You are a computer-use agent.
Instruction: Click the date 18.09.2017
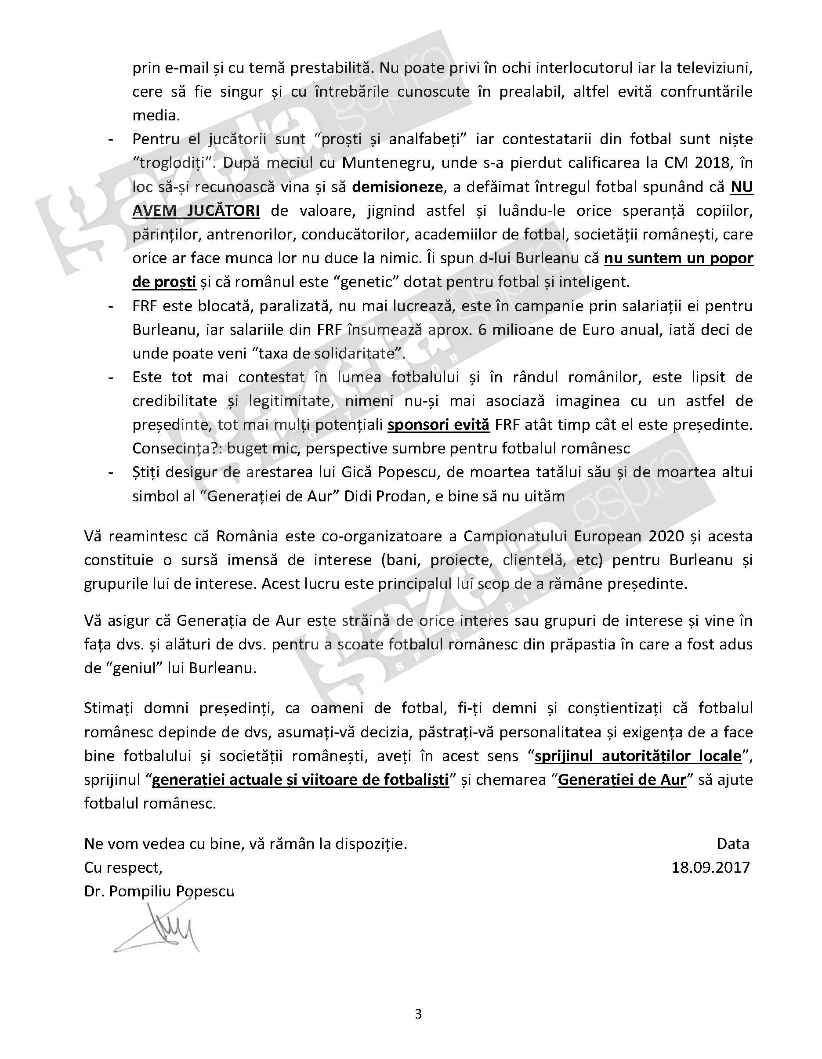click(x=710, y=867)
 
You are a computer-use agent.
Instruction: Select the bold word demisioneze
click(x=398, y=187)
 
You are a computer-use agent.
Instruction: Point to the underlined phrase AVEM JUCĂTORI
click(x=196, y=211)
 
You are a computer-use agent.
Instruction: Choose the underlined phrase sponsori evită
click(x=438, y=425)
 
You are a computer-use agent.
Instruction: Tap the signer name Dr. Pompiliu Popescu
click(x=159, y=891)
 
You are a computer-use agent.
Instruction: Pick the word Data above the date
click(x=733, y=844)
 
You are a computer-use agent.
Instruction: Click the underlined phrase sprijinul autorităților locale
click(x=638, y=756)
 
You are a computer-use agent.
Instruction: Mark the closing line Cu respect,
click(x=123, y=867)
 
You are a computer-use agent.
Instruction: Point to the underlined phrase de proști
click(x=164, y=282)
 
